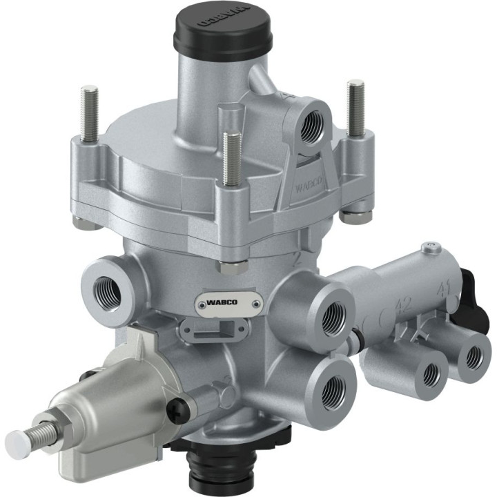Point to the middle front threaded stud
click(x=232, y=159)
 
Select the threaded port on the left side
click(x=106, y=293)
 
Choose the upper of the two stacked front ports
click(x=334, y=318)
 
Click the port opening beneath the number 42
click(x=431, y=373)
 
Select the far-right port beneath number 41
click(x=474, y=356)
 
